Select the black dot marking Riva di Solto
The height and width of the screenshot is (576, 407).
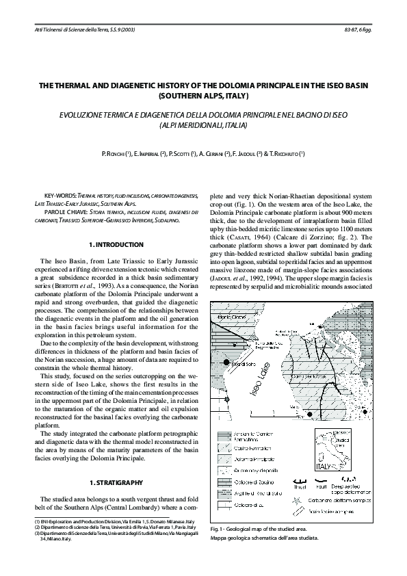[x=230, y=366]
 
